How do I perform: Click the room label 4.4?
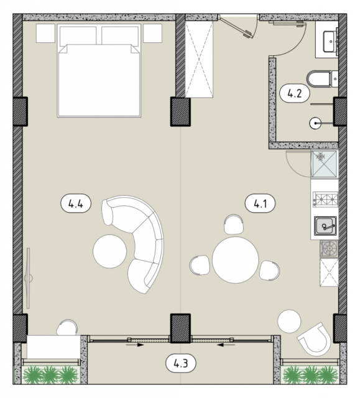pyautogui.click(x=76, y=203)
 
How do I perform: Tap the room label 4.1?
pyautogui.click(x=261, y=203)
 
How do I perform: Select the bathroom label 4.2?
pyautogui.click(x=295, y=93)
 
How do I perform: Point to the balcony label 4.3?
pyautogui.click(x=181, y=363)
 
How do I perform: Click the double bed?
pyautogui.click(x=99, y=70)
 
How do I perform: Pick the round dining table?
pyautogui.click(x=236, y=260)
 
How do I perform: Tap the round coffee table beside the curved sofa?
pyautogui.click(x=109, y=251)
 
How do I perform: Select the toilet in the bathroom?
pyautogui.click(x=319, y=79)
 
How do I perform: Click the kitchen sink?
pyautogui.click(x=325, y=226)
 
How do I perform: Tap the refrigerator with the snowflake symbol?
pyautogui.click(x=325, y=164)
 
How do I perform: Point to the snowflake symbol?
pyautogui.click(x=321, y=156)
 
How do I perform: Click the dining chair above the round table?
pyautogui.click(x=234, y=224)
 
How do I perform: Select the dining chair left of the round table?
pyautogui.click(x=200, y=265)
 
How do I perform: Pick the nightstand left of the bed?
pyautogui.click(x=45, y=33)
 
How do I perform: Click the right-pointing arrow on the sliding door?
pyautogui.click(x=135, y=345)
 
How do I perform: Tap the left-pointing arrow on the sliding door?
pyautogui.click(x=226, y=345)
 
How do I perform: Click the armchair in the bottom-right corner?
pyautogui.click(x=315, y=340)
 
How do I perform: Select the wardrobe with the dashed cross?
pyautogui.click(x=199, y=59)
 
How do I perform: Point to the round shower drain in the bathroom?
pyautogui.click(x=315, y=123)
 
